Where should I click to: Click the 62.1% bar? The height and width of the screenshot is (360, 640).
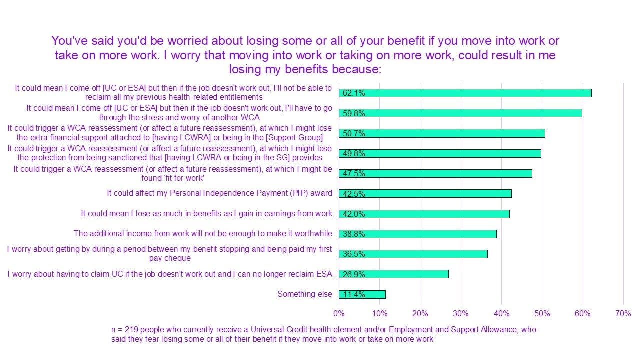pos(465,93)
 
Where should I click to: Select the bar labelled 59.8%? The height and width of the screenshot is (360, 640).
pos(460,113)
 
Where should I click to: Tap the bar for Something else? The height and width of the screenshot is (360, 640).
pos(362,294)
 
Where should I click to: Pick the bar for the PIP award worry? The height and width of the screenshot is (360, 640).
pos(425,194)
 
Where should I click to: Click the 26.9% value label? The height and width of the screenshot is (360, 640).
pos(353,274)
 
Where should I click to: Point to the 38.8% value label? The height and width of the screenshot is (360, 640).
pos(353,234)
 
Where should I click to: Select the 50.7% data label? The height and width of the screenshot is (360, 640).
pos(353,133)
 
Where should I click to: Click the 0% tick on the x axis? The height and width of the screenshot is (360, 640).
pos(339,314)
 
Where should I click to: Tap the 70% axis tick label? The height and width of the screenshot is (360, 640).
pos(623,314)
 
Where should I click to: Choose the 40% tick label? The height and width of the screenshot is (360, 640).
pos(501,314)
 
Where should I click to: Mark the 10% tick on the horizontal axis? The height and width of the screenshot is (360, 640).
pos(379,314)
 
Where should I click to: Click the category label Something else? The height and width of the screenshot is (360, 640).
pos(304,294)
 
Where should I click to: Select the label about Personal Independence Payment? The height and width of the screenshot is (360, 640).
pos(219,193)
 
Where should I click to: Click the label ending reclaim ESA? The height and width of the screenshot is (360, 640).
pos(170,274)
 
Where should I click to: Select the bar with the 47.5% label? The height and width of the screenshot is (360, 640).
pos(435,173)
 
